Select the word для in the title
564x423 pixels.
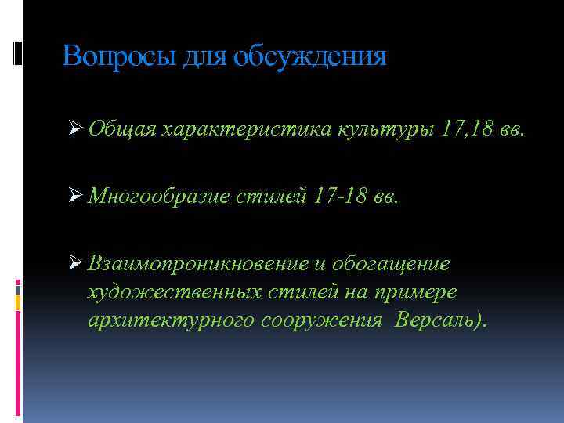[x=207, y=56]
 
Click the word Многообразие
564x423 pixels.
[x=158, y=196]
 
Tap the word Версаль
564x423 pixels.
[x=434, y=321]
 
